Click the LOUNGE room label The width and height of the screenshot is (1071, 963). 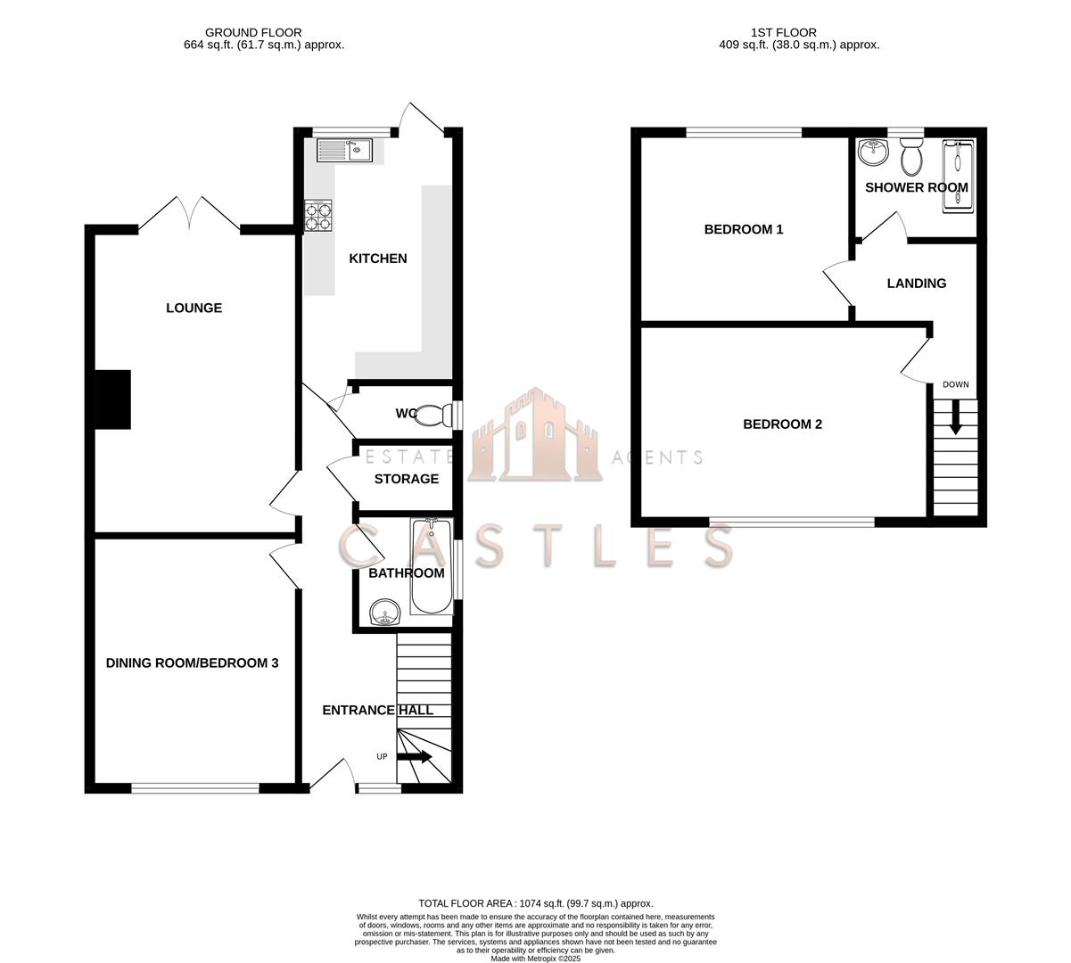coord(194,309)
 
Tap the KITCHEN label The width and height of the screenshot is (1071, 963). coord(377,259)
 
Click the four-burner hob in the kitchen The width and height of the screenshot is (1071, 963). coord(317,215)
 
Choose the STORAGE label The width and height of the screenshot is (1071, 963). coord(406,479)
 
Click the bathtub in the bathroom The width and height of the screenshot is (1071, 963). coord(432,567)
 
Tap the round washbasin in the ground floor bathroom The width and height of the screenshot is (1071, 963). coord(384,613)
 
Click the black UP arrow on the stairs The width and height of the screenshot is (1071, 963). coord(415,757)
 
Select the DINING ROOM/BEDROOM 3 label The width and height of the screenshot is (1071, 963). coord(193,663)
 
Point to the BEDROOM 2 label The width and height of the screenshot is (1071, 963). coord(782,424)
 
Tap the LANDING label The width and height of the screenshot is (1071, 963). coord(916,284)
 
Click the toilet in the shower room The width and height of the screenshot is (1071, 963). coord(911,158)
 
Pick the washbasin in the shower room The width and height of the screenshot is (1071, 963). coord(872,153)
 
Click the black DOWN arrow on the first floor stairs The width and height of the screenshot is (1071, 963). coord(955,417)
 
